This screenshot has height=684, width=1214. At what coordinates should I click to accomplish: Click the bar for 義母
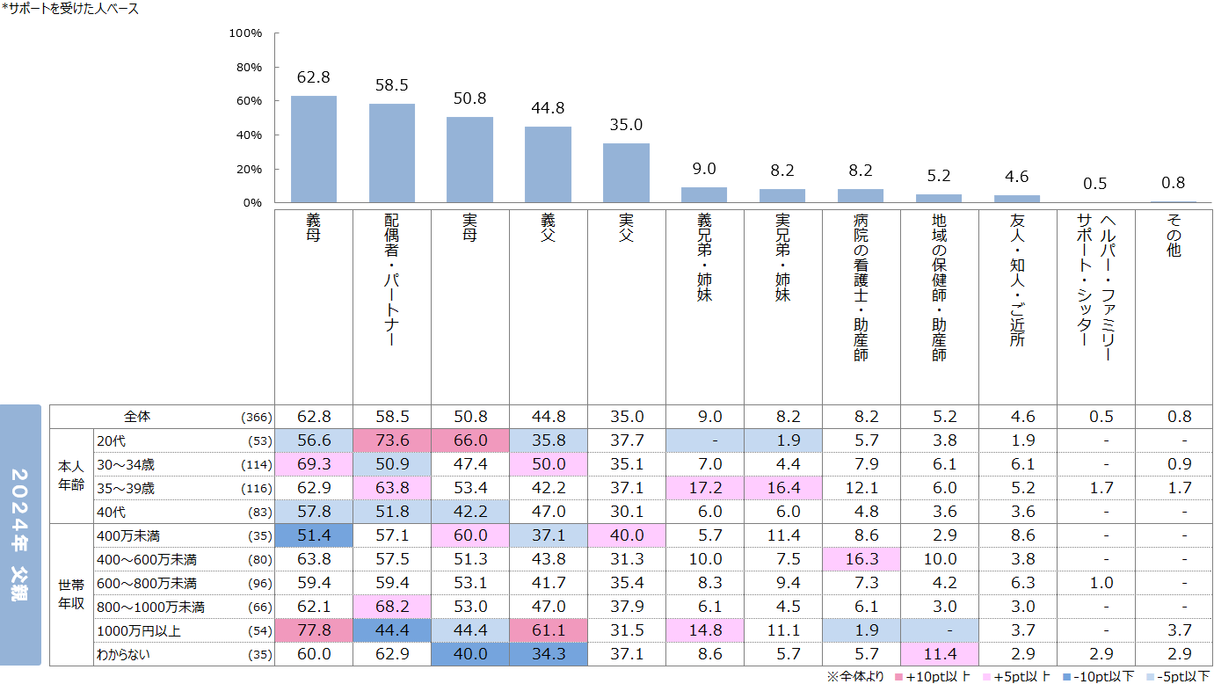[x=314, y=149]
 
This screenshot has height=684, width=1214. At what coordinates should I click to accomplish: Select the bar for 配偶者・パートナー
[x=392, y=153]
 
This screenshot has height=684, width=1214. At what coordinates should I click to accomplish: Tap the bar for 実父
[x=626, y=173]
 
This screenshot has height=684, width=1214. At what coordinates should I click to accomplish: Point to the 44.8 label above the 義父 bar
[x=548, y=109]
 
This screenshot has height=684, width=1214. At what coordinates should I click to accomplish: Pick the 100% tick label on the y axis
[x=245, y=33]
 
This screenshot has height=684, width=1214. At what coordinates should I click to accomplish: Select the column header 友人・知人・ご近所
[x=1017, y=280]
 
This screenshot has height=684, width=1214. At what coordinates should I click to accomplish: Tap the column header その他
[x=1174, y=236]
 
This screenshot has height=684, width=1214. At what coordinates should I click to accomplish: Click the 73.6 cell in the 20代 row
[x=392, y=440]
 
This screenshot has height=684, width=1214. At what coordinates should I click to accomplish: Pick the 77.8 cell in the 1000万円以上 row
[x=314, y=630]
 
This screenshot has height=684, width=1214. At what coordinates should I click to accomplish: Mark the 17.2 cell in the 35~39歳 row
[x=704, y=488]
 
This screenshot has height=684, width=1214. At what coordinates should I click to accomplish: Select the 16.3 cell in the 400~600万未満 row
[x=861, y=559]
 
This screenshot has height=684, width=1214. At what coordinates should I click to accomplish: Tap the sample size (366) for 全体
[x=257, y=418]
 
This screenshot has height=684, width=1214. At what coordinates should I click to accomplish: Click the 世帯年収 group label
[x=71, y=594]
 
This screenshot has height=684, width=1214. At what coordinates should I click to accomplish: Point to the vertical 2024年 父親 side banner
[x=20, y=535]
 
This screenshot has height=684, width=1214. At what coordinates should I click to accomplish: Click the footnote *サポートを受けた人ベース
[x=70, y=9]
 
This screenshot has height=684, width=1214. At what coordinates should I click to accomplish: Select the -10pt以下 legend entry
[x=1085, y=676]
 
